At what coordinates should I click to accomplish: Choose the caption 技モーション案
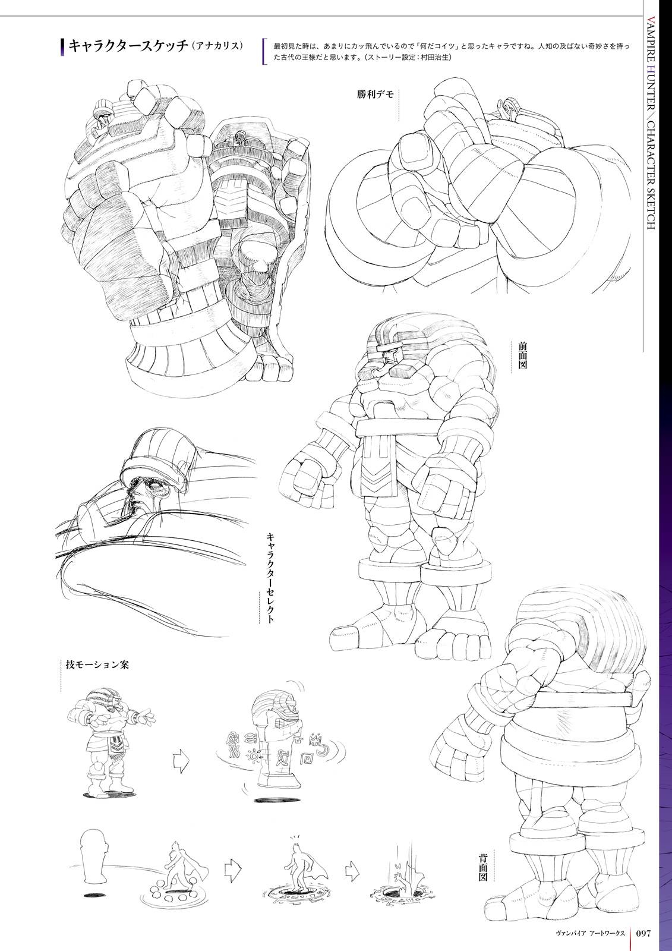click(97, 665)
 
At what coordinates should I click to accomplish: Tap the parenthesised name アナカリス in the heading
click(217, 46)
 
